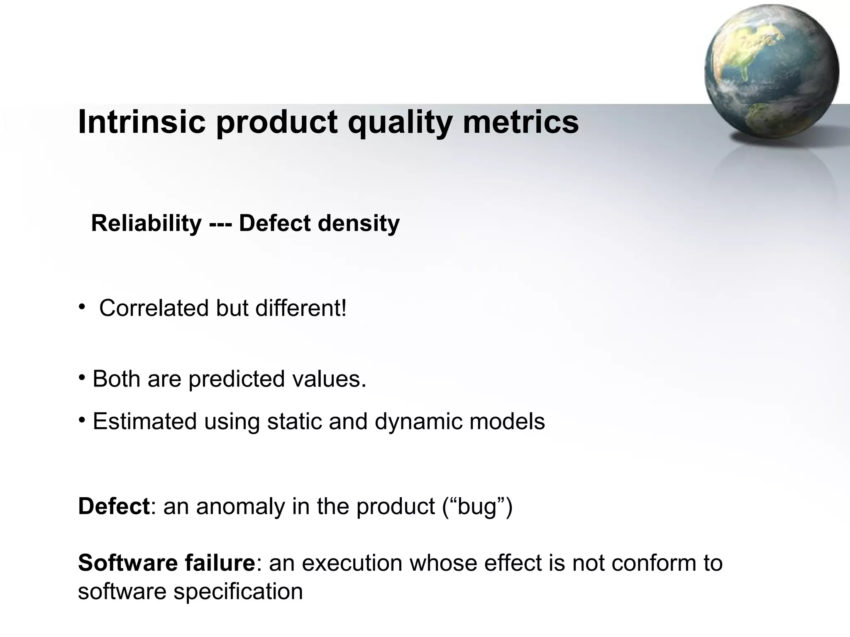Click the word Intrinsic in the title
pyautogui.click(x=142, y=122)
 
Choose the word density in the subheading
pyautogui.click(x=359, y=224)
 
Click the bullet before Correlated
pyautogui.click(x=82, y=307)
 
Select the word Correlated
pyautogui.click(x=154, y=308)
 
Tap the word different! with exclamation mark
pyautogui.click(x=301, y=308)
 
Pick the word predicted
pyautogui.click(x=237, y=379)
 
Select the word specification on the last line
pyautogui.click(x=238, y=592)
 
